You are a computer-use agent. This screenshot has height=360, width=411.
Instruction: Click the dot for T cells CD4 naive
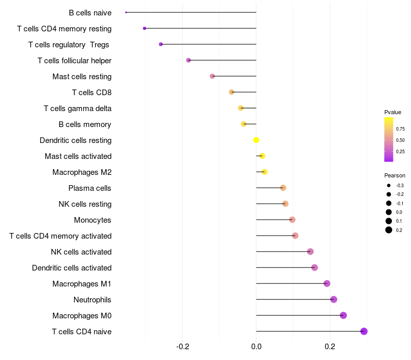click(x=364, y=331)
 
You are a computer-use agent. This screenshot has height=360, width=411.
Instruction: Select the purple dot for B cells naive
click(x=126, y=12)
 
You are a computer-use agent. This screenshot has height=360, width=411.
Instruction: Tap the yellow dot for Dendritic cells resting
click(x=256, y=140)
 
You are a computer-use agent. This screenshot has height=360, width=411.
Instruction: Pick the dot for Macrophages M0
click(x=343, y=315)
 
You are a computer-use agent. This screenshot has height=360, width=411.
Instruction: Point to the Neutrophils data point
click(x=333, y=299)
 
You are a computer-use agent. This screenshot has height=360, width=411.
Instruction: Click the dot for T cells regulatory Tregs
click(x=161, y=44)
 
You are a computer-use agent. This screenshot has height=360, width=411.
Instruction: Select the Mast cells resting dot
click(x=212, y=76)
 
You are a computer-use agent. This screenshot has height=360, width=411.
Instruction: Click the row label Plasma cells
click(x=90, y=188)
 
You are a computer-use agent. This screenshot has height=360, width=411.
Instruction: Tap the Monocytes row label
click(x=92, y=220)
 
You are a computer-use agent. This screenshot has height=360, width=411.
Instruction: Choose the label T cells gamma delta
click(x=78, y=109)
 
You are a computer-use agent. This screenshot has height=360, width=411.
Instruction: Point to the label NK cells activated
click(x=81, y=252)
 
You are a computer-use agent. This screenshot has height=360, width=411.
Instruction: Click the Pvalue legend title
click(x=393, y=112)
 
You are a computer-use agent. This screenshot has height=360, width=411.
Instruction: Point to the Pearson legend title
click(x=395, y=175)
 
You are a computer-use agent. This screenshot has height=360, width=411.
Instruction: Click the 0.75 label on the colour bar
click(x=400, y=129)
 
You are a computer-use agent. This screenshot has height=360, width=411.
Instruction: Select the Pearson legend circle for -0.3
click(x=389, y=185)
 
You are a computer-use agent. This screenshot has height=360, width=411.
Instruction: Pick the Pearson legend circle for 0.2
click(x=389, y=230)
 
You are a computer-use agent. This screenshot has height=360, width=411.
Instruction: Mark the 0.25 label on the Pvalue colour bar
click(x=400, y=151)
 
